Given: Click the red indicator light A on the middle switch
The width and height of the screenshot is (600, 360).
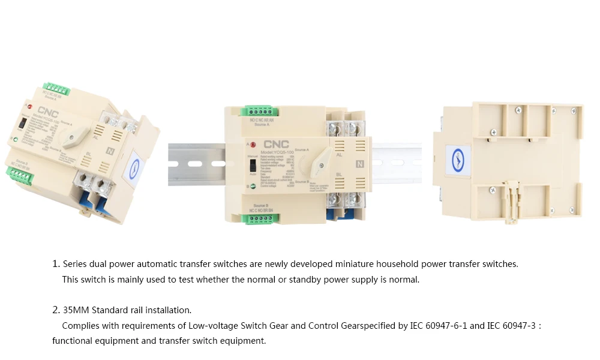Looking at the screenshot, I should coord(253,145).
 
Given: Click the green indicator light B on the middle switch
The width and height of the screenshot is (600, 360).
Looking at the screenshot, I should coord(253,186).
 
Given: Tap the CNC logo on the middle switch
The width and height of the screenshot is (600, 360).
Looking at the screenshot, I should coord(276,145).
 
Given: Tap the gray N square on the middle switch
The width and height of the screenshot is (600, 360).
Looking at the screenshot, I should coord(360,163).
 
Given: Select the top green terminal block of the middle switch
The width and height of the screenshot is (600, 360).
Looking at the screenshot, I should coord(259,111).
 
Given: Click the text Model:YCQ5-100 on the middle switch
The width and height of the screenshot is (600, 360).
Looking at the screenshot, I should coord(277,153).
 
